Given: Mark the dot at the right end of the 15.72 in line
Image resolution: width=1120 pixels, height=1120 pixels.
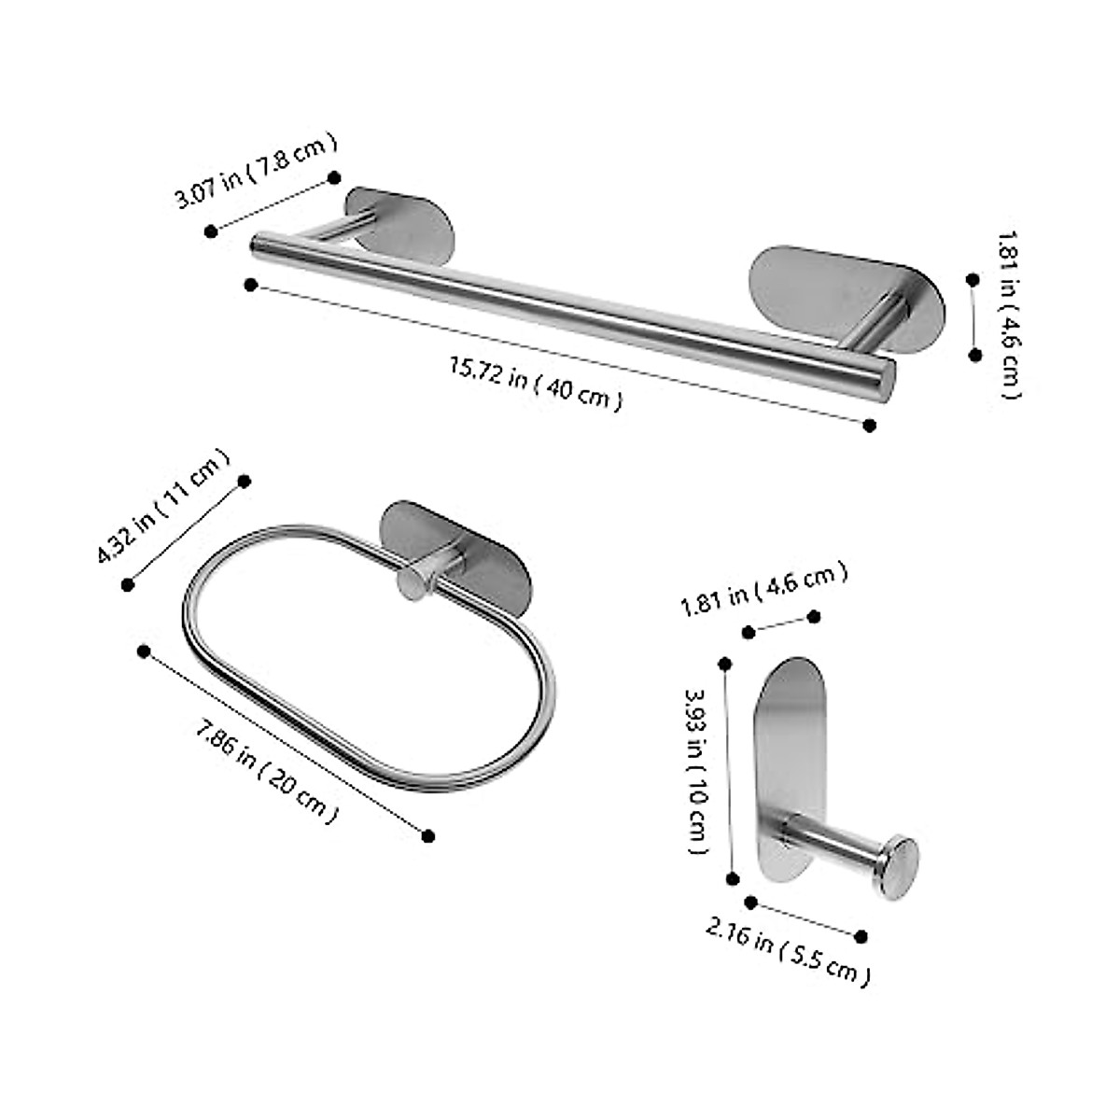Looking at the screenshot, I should coord(870,426).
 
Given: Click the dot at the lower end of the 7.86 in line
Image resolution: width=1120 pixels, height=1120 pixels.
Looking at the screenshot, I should coord(428,835).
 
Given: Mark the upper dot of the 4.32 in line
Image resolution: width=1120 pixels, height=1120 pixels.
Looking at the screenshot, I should coord(245,481).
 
